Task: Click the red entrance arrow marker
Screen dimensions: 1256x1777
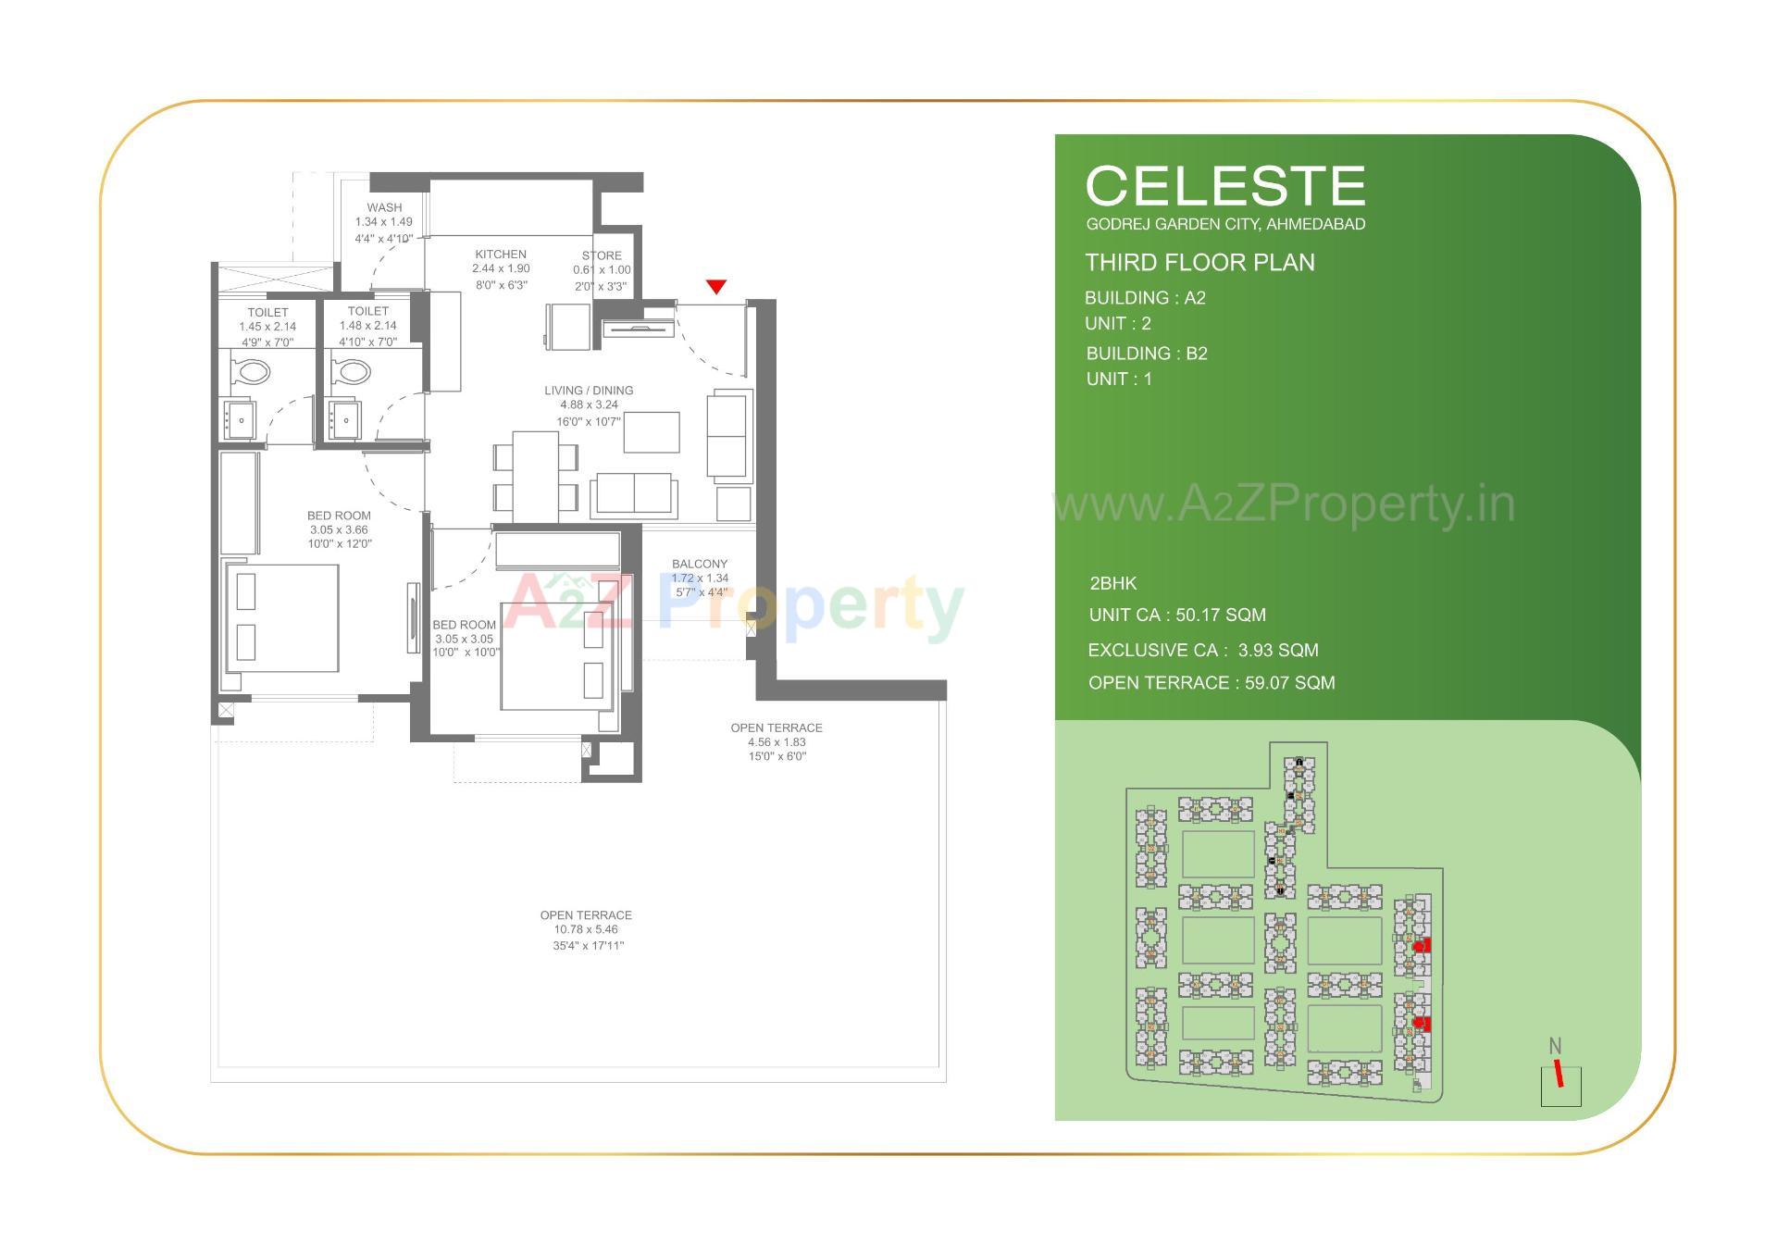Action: pyautogui.click(x=715, y=287)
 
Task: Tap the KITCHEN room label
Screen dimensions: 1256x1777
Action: pyautogui.click(x=501, y=255)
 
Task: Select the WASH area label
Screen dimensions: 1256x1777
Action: pyautogui.click(x=384, y=207)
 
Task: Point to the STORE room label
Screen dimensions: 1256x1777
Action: pyautogui.click(x=602, y=255)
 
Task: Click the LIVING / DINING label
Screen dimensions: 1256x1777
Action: pyautogui.click(x=589, y=391)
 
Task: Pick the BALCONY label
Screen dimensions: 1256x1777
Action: pyautogui.click(x=700, y=564)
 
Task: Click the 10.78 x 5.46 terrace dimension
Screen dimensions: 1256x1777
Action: pyautogui.click(x=586, y=929)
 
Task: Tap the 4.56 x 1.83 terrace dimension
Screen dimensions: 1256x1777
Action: pyautogui.click(x=777, y=742)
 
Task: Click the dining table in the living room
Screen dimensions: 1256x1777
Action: pyautogui.click(x=535, y=475)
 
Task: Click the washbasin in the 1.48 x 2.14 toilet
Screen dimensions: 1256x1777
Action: pyautogui.click(x=345, y=419)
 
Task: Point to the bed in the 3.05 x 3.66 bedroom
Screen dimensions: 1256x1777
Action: pyautogui.click(x=281, y=617)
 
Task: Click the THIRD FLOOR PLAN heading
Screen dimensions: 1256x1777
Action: pyautogui.click(x=1199, y=263)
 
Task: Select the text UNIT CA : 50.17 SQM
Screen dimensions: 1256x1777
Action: pyautogui.click(x=1177, y=615)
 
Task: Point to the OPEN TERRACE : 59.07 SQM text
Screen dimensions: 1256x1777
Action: pyautogui.click(x=1212, y=683)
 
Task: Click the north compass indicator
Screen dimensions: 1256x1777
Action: pyautogui.click(x=1560, y=1077)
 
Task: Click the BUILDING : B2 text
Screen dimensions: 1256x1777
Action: pyautogui.click(x=1147, y=354)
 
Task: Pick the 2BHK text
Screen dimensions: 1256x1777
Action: pyautogui.click(x=1113, y=583)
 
